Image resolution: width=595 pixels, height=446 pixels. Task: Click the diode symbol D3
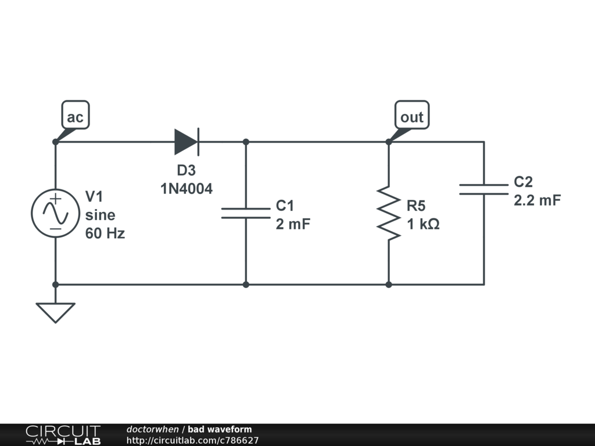click(187, 142)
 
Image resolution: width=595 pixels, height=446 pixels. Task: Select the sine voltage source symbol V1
click(55, 213)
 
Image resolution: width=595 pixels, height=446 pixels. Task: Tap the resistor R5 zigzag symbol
click(388, 213)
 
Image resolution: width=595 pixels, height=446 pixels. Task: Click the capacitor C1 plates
click(246, 213)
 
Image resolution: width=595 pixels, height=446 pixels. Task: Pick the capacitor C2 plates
click(483, 189)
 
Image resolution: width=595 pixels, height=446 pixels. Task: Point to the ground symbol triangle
click(55, 312)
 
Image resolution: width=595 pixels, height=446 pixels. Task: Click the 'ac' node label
click(75, 117)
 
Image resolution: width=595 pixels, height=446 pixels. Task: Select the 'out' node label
click(411, 117)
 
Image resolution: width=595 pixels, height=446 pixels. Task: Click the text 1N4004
click(187, 189)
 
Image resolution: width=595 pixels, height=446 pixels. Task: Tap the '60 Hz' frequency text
click(105, 234)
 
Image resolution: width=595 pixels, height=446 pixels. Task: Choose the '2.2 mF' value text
click(537, 201)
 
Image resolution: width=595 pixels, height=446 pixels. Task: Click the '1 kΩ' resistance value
click(423, 224)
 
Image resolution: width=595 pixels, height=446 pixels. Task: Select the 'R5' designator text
click(417, 206)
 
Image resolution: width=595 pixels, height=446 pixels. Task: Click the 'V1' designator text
click(95, 195)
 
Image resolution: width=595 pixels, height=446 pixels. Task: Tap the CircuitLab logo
click(63, 434)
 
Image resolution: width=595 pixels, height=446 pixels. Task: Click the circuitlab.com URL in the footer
click(192, 441)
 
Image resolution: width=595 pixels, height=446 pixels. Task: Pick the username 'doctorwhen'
click(153, 430)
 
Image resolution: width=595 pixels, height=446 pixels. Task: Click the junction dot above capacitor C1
click(246, 142)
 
